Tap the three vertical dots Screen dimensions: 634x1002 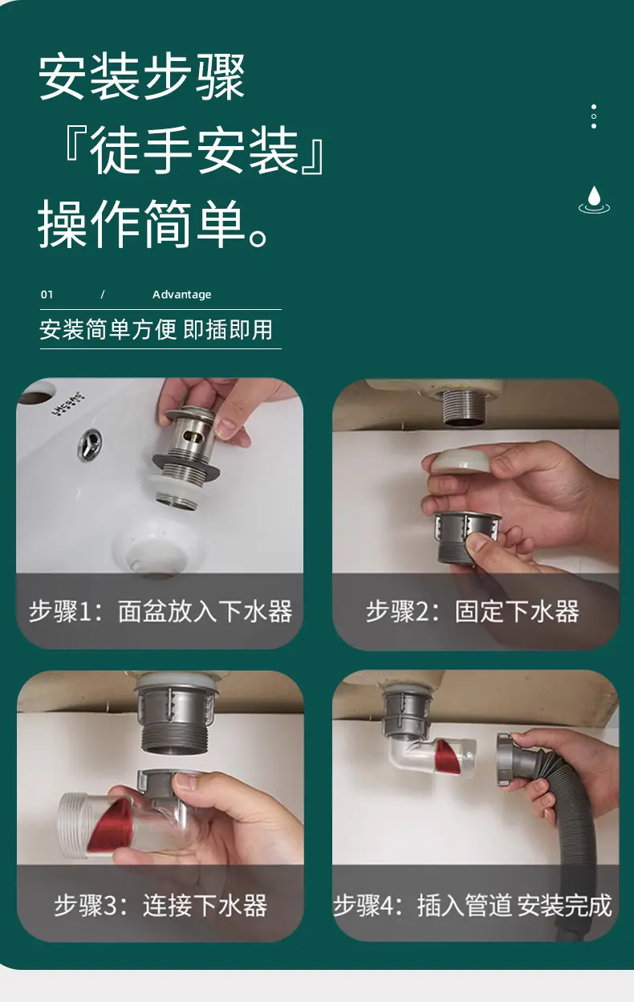tap(594, 116)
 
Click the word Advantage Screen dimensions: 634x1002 tap(181, 295)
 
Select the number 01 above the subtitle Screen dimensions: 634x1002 tap(47, 295)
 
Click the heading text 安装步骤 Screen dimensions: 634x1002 tap(142, 76)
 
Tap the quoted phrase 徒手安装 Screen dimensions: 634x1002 tap(194, 149)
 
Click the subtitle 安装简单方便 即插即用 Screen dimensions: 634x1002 tap(156, 330)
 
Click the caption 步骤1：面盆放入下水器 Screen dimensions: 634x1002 tap(161, 611)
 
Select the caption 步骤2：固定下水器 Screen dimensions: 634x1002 tap(473, 611)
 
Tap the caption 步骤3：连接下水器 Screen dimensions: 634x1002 tap(161, 905)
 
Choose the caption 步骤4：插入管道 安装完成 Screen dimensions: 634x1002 tap(473, 905)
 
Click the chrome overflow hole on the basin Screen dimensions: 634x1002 tap(90, 444)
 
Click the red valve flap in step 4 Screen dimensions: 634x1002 tap(445, 757)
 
